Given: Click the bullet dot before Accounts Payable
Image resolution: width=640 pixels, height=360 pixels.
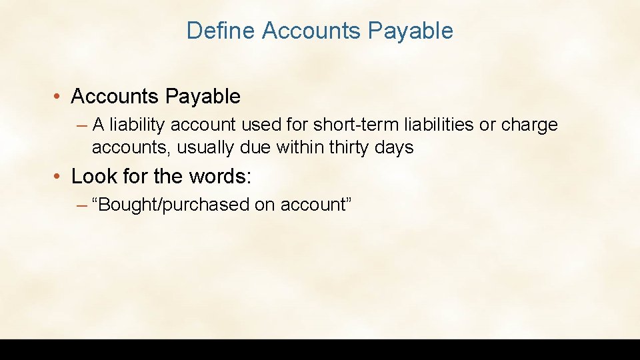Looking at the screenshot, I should pos(59,97).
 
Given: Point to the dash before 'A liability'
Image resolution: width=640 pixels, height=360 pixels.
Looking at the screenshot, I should pos(82,125).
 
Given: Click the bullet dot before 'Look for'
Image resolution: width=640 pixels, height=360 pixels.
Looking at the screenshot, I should pos(59,177).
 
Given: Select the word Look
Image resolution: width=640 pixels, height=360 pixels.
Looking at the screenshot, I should pos(91,177).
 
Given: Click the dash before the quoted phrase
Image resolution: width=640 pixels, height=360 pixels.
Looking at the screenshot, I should pos(82,205).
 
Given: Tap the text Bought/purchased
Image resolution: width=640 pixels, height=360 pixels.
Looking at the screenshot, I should pos(173,205).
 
